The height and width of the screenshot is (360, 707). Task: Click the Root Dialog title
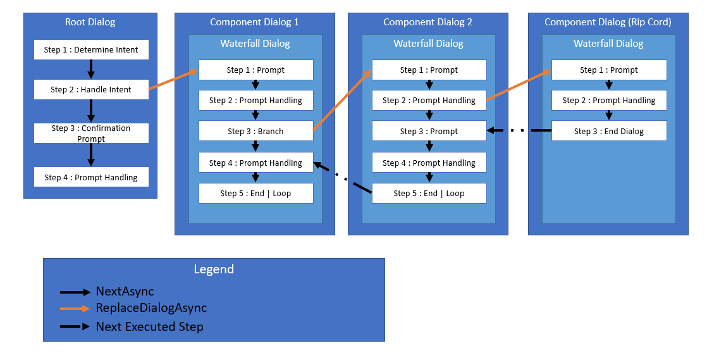(90, 22)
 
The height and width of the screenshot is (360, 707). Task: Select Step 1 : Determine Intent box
(91, 50)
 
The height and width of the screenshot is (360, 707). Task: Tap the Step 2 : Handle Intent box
(91, 90)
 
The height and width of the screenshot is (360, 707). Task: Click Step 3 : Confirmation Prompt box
(91, 133)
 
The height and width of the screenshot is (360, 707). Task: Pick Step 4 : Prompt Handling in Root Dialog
(91, 177)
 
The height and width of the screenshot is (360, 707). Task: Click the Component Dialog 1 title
(254, 22)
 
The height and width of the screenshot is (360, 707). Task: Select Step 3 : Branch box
(255, 131)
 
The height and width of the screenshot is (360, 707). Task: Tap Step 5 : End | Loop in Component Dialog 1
(255, 193)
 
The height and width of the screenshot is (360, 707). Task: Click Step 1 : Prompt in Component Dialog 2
(429, 70)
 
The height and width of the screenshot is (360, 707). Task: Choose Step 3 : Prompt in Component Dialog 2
(429, 131)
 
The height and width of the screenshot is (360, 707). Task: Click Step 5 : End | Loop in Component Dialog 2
(429, 193)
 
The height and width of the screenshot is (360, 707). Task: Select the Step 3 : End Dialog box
(608, 131)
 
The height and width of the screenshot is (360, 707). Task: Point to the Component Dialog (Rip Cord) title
(608, 22)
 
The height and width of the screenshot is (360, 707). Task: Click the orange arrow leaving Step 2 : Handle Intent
(174, 80)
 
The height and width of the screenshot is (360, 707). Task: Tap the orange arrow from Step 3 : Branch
(341, 101)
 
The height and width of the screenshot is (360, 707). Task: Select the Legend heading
(214, 269)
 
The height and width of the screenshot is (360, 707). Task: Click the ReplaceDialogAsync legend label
(151, 308)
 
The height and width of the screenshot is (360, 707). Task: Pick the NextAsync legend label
(125, 292)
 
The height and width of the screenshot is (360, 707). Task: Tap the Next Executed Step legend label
(149, 326)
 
